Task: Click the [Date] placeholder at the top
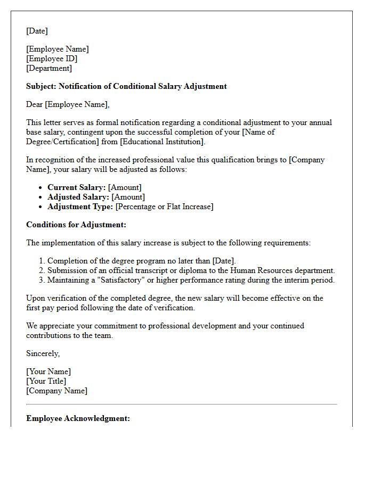tap(37, 31)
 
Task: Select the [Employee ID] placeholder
tap(52, 59)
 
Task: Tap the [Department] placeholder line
tap(49, 68)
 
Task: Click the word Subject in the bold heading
tap(40, 86)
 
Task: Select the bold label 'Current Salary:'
tap(76, 187)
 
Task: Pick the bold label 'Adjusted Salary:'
tap(78, 197)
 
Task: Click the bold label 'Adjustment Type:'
tap(80, 207)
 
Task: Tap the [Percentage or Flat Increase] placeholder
tap(164, 207)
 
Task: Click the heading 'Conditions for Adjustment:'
tap(76, 225)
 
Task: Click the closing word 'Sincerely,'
tap(43, 353)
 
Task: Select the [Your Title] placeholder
tap(46, 381)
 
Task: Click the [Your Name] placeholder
tap(48, 371)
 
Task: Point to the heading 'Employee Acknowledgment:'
tap(78, 418)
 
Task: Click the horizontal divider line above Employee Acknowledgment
tap(182, 404)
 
